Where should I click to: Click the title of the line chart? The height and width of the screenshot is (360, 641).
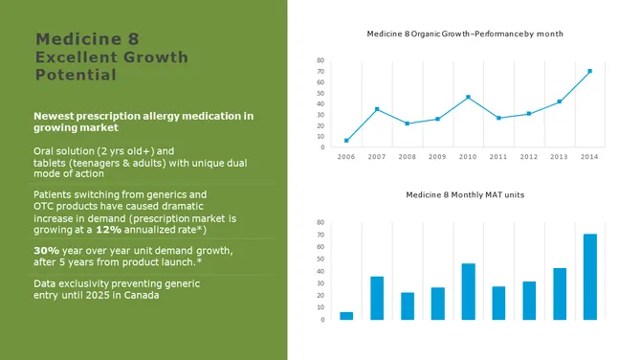[464, 34]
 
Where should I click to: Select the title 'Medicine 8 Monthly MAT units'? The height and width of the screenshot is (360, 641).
[465, 194]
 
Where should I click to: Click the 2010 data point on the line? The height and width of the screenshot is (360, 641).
[468, 97]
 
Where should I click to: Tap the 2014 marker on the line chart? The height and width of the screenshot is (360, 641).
[589, 71]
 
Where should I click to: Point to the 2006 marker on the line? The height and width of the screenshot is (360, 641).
[346, 141]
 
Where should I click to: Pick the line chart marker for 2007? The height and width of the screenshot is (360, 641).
[377, 109]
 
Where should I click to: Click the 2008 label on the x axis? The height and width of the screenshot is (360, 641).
[407, 157]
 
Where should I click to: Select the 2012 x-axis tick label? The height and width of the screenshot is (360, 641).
[528, 157]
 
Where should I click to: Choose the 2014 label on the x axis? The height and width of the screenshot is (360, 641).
[589, 157]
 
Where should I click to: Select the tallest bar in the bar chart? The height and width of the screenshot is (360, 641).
[590, 277]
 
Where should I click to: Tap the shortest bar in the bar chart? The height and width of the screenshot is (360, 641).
[346, 315]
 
